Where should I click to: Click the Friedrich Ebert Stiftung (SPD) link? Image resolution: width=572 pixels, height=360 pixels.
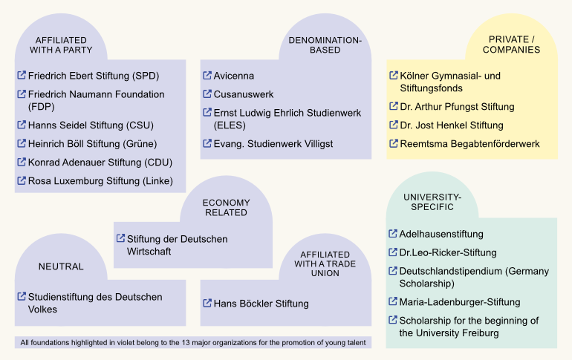point(94,76)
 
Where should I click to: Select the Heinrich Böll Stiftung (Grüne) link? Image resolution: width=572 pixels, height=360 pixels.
point(92,144)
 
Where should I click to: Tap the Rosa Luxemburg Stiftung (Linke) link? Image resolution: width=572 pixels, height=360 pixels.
point(100,181)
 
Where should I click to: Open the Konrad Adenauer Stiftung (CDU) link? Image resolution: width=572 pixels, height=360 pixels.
point(96,163)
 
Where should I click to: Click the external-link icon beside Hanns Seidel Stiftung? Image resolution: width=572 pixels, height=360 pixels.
point(22,125)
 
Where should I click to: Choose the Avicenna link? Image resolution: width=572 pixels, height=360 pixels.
point(234,76)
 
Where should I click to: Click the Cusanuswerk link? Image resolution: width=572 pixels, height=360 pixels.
point(244,94)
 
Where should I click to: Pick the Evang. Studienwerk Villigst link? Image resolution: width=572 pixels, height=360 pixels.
point(273,144)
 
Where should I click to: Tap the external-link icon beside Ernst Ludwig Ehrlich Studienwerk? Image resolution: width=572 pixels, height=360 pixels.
point(207,113)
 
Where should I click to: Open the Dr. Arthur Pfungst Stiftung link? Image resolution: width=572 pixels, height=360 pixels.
point(457,107)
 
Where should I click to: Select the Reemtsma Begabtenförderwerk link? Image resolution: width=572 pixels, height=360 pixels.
point(469,144)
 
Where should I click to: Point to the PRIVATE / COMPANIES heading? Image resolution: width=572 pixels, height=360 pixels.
point(511,45)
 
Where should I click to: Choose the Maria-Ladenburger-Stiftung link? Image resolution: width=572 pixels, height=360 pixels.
point(460,302)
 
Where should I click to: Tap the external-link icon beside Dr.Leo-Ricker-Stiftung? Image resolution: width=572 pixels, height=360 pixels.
point(393,252)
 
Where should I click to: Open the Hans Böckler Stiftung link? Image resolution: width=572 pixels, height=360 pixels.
point(261,304)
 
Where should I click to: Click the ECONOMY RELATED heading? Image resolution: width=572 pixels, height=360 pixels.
point(226,208)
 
